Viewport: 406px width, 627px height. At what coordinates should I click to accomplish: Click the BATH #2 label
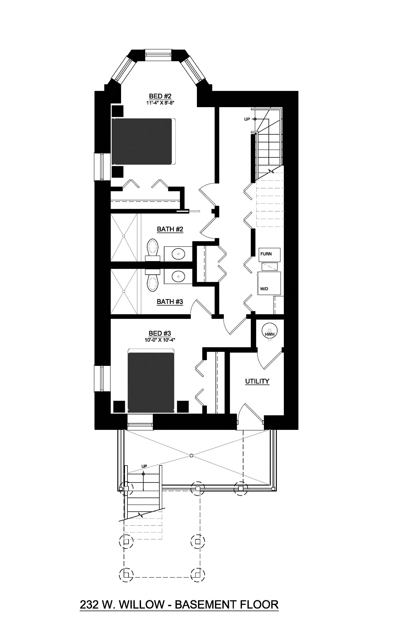point(170,229)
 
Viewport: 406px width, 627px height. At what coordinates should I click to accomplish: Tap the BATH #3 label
point(170,302)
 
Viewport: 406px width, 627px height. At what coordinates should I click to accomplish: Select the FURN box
point(269,254)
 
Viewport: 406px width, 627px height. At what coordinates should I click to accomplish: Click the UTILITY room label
point(257,381)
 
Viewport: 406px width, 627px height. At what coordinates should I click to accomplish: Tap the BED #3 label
point(160,334)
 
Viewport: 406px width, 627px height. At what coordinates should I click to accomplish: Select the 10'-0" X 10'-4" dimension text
point(160,340)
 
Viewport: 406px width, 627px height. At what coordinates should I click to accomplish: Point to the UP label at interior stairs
point(247,119)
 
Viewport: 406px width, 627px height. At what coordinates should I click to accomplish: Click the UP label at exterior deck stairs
point(144,466)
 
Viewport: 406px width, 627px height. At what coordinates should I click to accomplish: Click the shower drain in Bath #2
point(124,236)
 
